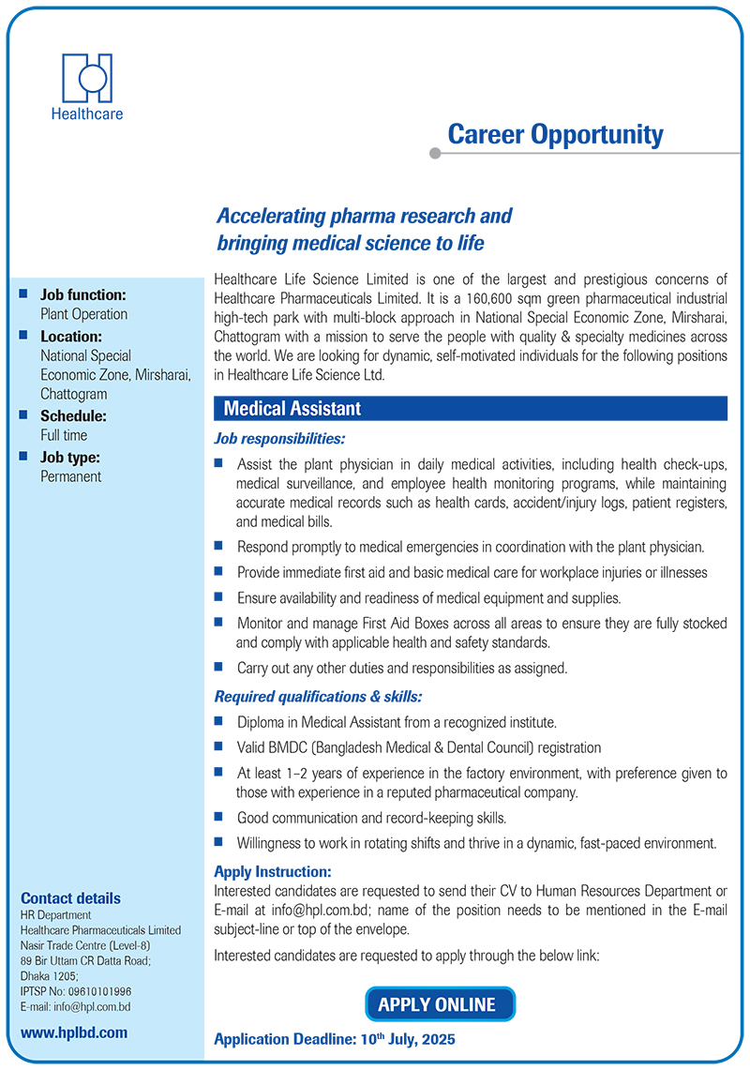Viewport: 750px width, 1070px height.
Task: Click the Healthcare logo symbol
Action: point(87,78)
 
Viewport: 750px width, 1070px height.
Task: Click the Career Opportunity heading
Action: point(555,135)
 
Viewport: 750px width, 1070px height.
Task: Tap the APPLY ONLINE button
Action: point(438,1004)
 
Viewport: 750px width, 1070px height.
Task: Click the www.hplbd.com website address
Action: point(74,1032)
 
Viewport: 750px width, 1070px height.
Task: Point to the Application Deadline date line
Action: point(335,1040)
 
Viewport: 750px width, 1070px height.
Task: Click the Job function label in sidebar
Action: point(83,294)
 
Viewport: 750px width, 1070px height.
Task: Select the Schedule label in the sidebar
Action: point(73,415)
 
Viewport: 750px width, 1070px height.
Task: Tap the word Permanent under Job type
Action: point(71,476)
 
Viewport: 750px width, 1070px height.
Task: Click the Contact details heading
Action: point(70,897)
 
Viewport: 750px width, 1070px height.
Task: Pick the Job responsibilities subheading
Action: point(279,438)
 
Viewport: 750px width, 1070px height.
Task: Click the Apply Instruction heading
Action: point(273,871)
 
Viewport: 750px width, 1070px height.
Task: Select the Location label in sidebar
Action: point(71,336)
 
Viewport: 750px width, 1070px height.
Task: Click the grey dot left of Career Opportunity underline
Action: point(433,153)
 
